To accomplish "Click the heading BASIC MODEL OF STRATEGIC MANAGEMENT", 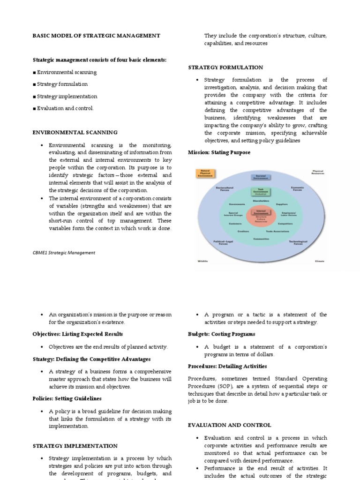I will [96, 36].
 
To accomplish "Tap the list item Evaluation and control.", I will [65, 108].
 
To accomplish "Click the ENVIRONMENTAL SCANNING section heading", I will [75, 133].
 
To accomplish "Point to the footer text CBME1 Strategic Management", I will [63, 252].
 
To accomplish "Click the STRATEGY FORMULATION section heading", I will [225, 67].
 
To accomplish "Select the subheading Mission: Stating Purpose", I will [219, 152].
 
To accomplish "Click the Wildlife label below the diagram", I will [202, 261].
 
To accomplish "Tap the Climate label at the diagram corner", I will [319, 261].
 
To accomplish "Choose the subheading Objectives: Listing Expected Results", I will [77, 334].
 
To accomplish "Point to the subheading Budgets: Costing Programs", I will [221, 334].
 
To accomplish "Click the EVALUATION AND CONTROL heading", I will [229, 425].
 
